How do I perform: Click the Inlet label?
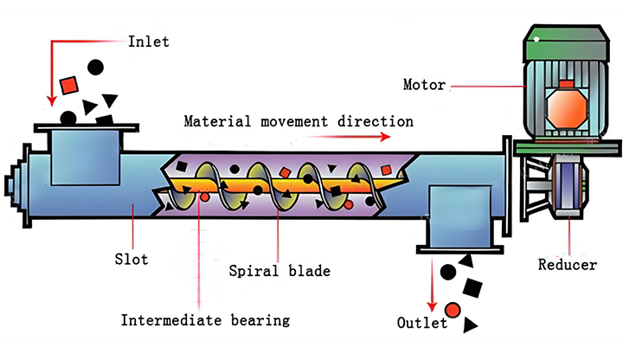[148, 41]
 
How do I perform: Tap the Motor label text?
[424, 85]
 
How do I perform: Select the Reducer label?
[567, 265]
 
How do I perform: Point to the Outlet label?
[421, 324]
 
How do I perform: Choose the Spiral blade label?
[279, 271]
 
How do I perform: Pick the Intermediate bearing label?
[204, 320]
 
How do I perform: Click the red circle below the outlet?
[453, 310]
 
